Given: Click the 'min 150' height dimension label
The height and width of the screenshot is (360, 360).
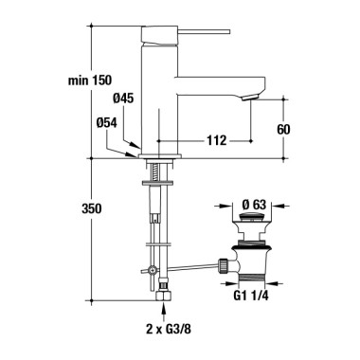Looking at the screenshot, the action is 90,81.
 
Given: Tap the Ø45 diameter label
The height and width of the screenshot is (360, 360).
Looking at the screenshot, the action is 123,99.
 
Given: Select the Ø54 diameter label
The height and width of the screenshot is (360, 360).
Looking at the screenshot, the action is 107,122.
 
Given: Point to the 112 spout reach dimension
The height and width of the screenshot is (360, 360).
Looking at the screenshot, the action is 217,140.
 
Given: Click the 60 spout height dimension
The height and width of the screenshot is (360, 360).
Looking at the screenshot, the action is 283,129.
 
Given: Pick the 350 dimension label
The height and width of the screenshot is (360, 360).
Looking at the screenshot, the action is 92,208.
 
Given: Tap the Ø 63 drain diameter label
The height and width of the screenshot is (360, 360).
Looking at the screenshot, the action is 255,205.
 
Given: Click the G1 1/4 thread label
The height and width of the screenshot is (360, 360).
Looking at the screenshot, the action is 251,296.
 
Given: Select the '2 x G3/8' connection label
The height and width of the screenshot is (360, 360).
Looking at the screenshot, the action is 169,330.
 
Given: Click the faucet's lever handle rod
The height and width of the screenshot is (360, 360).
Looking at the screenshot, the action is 205,31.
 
